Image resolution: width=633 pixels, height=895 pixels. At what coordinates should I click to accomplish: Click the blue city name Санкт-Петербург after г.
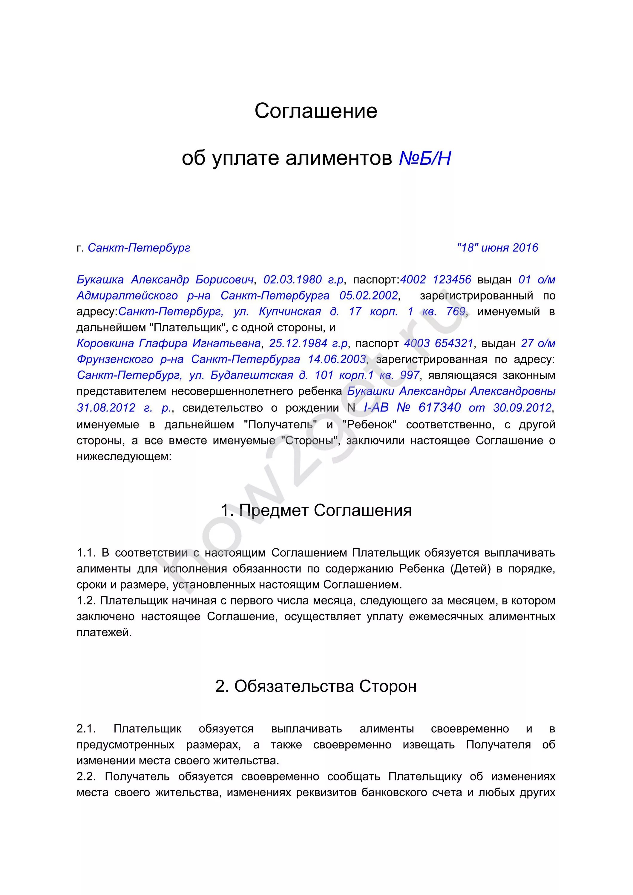[x=139, y=248]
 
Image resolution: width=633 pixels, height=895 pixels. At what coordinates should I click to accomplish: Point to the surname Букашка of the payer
[x=100, y=280]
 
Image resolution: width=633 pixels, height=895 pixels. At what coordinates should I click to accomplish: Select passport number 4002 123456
[x=436, y=280]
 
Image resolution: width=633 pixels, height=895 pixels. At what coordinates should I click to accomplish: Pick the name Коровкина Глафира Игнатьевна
[x=168, y=343]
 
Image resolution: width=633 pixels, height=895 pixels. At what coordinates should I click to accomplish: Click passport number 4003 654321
[x=438, y=343]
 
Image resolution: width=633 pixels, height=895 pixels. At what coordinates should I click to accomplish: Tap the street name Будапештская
[x=252, y=375]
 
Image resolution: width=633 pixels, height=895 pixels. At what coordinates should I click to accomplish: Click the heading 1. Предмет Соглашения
[x=316, y=510]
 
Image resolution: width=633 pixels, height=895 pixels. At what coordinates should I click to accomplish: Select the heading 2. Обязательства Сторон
[x=316, y=686]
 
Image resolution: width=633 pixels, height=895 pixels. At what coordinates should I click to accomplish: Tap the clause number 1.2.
[x=86, y=601]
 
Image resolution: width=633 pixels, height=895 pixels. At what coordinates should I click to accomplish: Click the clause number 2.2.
[x=86, y=777]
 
